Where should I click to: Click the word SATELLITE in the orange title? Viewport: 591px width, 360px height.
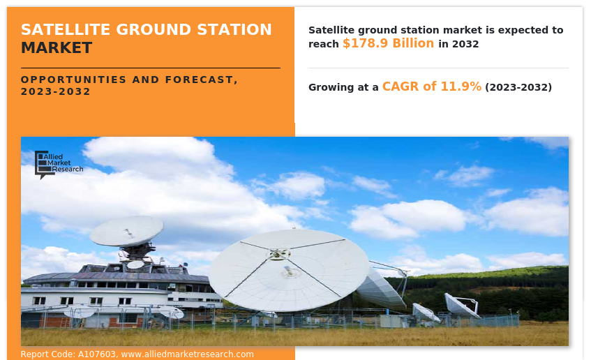(66, 29)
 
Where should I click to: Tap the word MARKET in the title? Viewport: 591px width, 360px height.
(57, 48)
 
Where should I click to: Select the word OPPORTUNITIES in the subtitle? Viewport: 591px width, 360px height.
(73, 80)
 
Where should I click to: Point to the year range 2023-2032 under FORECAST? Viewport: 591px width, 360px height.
(55, 91)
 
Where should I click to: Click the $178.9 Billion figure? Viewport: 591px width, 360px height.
(388, 43)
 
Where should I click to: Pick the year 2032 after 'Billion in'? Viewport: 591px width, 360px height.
(465, 44)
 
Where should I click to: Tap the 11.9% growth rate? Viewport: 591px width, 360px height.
(461, 87)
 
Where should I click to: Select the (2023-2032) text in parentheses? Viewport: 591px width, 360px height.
(518, 87)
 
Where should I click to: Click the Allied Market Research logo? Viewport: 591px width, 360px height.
(59, 165)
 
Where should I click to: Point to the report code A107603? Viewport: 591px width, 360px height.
(97, 354)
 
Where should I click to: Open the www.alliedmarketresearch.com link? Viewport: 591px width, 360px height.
(187, 354)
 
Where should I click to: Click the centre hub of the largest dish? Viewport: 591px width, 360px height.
(278, 255)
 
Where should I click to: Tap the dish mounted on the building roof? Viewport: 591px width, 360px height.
(127, 231)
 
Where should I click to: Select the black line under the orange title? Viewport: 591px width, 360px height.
(151, 68)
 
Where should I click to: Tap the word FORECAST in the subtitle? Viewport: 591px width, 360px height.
(201, 80)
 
